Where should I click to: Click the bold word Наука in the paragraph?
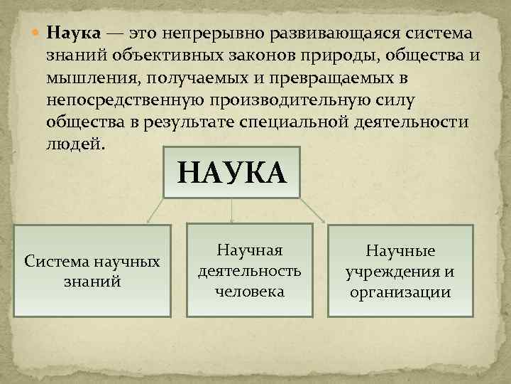(75, 33)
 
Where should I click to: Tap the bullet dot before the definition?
(38, 33)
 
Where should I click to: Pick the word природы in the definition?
(340, 54)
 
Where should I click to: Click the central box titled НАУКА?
(232, 173)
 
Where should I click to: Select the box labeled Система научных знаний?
(92, 271)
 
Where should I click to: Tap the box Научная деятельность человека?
(249, 270)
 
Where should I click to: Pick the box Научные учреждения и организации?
(400, 271)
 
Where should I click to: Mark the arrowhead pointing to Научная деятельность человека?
(233, 219)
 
